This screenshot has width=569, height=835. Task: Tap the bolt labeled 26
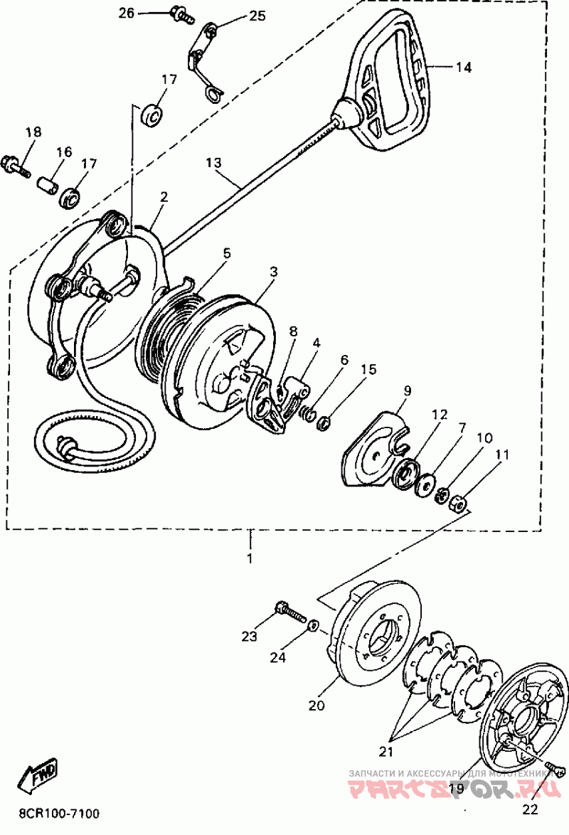pyautogui.click(x=180, y=14)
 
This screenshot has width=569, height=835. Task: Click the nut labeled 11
pyautogui.click(x=459, y=504)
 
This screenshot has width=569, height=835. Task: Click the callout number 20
pyautogui.click(x=316, y=706)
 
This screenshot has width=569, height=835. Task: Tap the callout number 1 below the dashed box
pyautogui.click(x=250, y=558)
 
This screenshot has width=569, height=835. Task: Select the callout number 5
pyautogui.click(x=226, y=252)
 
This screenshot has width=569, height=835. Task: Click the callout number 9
pyautogui.click(x=408, y=390)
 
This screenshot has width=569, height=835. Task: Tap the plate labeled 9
pyautogui.click(x=373, y=449)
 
